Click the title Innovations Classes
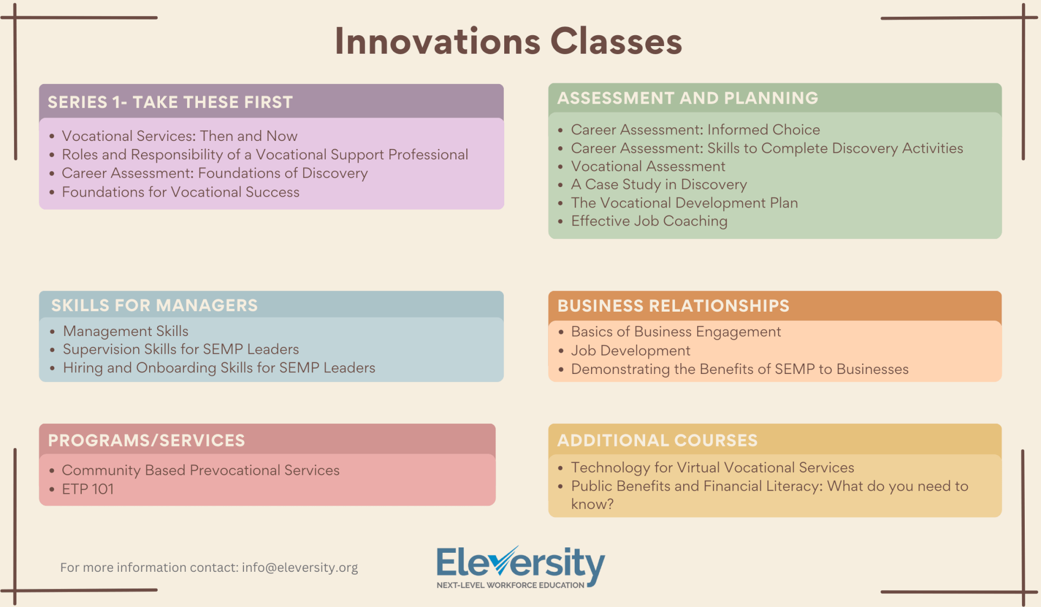pyautogui.click(x=508, y=41)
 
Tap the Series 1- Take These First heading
pyautogui.click(x=170, y=102)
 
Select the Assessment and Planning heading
pyautogui.click(x=687, y=98)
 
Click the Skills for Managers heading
pyautogui.click(x=155, y=306)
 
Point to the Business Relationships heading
pyautogui.click(x=673, y=306)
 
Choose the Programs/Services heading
pyautogui.click(x=146, y=441)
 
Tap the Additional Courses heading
pyautogui.click(x=658, y=441)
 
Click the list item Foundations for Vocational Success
pyautogui.click(x=181, y=192)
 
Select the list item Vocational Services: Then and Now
pyautogui.click(x=179, y=136)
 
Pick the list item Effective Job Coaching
pyautogui.click(x=649, y=221)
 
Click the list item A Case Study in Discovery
pyautogui.click(x=659, y=185)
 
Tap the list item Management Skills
pyautogui.click(x=126, y=331)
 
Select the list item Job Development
pyautogui.click(x=631, y=351)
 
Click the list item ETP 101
pyautogui.click(x=88, y=489)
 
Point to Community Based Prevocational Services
pyautogui.click(x=201, y=470)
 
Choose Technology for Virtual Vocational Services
pyautogui.click(x=712, y=468)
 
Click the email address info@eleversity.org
pyautogui.click(x=300, y=567)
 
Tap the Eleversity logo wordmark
pyautogui.click(x=520, y=563)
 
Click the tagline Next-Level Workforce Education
pyautogui.click(x=510, y=585)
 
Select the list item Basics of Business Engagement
pyautogui.click(x=676, y=332)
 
